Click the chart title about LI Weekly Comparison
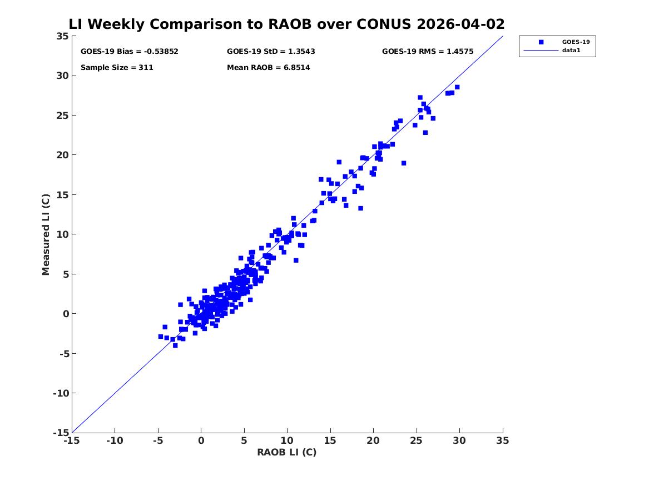pos(286,24)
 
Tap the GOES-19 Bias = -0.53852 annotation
pos(130,51)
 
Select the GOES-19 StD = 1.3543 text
pos(271,51)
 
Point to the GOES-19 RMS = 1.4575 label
pos(428,51)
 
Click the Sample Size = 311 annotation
pos(117,67)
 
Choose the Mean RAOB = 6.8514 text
pos(268,67)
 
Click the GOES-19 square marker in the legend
pos(541,42)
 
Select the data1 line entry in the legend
pos(541,51)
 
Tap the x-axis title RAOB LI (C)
pos(287,452)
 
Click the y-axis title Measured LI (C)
pos(46,234)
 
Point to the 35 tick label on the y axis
pos(62,36)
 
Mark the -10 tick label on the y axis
pos(61,393)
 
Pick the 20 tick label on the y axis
pos(62,155)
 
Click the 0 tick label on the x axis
pos(201,440)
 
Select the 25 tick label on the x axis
pos(417,440)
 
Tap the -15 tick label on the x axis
pos(72,440)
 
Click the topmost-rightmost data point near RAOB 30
pos(457,87)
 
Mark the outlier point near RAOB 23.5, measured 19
pos(404,163)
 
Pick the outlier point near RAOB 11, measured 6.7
pos(296,260)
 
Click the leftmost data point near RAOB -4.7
pos(161,337)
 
